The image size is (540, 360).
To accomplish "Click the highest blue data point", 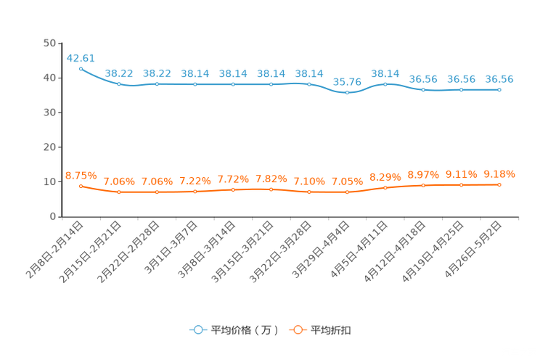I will (81, 68).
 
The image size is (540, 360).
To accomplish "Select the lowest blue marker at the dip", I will (348, 93).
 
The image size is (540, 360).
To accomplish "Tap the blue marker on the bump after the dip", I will (385, 83).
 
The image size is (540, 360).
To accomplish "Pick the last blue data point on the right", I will (499, 89).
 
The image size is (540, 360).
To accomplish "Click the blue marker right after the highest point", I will (119, 83).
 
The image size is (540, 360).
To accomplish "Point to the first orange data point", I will (81, 187).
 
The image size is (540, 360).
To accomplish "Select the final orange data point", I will (499, 184).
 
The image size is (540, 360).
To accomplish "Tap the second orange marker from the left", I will (119, 192).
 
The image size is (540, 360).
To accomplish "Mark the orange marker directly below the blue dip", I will (348, 193).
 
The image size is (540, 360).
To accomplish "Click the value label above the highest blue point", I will (81, 57).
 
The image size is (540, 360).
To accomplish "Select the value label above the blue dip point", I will (348, 81).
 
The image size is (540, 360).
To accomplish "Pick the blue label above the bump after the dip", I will (385, 73).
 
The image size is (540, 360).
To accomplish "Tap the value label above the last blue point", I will (499, 78).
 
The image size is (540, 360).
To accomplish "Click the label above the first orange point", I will (81, 175).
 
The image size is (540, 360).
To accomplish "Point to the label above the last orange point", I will (499, 173).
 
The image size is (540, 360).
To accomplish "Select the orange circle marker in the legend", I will (298, 330).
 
